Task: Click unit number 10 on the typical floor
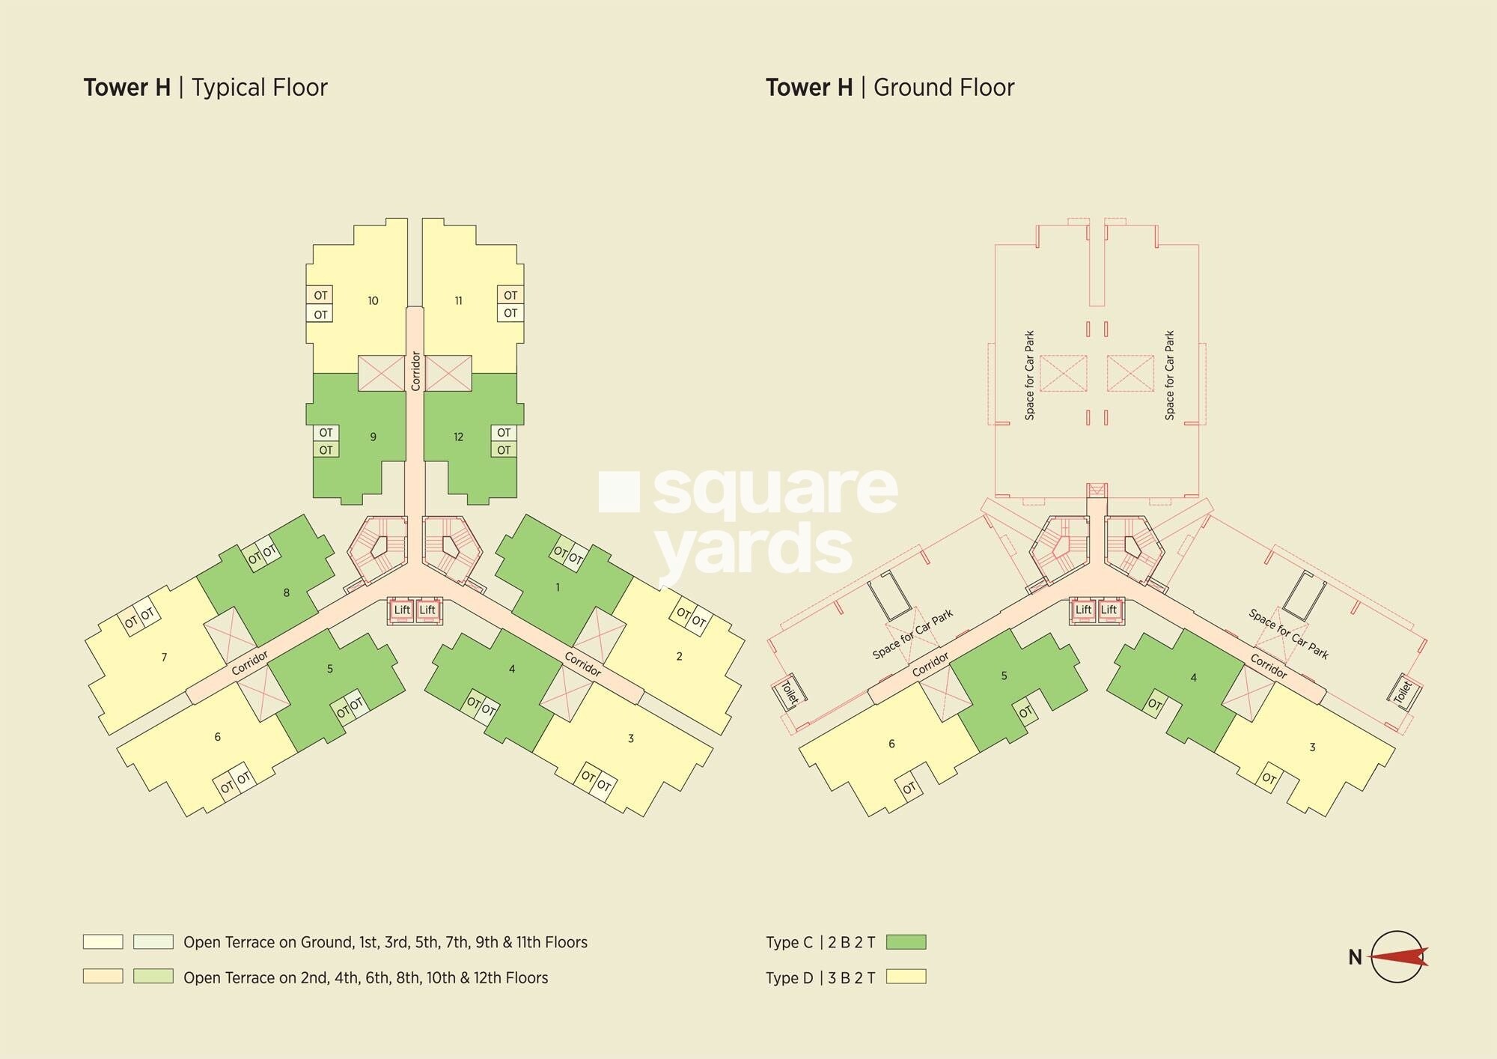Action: click(x=373, y=301)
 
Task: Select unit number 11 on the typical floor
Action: click(x=458, y=301)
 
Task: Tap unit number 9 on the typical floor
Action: click(x=373, y=437)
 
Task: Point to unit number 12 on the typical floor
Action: click(x=458, y=437)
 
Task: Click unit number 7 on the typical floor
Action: click(x=164, y=658)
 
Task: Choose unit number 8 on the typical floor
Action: click(x=286, y=593)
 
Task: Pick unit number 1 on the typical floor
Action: click(x=558, y=588)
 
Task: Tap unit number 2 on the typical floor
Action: click(x=679, y=657)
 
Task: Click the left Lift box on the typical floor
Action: click(x=402, y=610)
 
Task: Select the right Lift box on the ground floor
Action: click(x=1109, y=610)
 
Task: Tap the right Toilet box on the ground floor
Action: click(x=1403, y=691)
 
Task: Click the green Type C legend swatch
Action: click(x=906, y=942)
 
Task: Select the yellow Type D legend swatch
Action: click(x=906, y=977)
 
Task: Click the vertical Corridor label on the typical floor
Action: click(x=415, y=371)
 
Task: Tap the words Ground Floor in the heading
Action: click(x=944, y=88)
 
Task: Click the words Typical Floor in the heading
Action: click(x=259, y=88)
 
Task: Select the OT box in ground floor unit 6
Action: click(x=909, y=788)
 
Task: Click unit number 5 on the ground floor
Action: click(x=1004, y=676)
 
